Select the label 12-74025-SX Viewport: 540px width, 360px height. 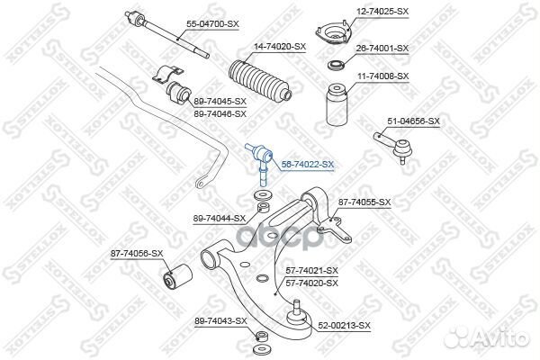[383, 11]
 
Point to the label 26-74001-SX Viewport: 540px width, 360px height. [382, 48]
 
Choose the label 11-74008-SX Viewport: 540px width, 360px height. [382, 77]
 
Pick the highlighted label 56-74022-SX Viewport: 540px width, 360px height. [308, 165]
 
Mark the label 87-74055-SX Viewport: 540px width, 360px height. [364, 202]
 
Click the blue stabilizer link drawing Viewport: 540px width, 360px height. [261, 157]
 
